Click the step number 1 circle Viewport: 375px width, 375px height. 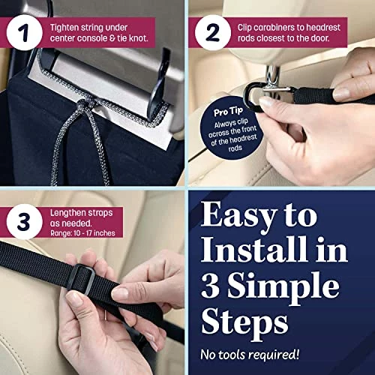click(25, 33)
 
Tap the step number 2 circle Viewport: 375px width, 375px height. click(213, 33)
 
